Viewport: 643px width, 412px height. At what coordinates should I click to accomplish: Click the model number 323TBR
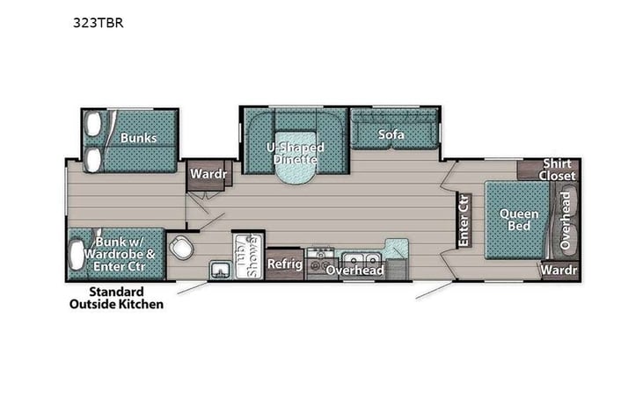click(98, 24)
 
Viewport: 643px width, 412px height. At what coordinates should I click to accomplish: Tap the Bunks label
click(139, 138)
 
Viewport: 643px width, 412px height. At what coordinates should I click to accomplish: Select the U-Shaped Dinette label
click(295, 153)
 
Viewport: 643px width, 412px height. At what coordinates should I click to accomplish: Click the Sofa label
click(391, 134)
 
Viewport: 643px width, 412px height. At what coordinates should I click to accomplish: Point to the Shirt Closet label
click(559, 170)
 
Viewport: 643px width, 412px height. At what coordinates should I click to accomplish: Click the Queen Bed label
click(512, 219)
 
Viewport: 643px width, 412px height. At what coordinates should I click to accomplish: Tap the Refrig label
click(285, 264)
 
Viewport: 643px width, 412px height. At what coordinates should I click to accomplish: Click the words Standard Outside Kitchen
click(117, 298)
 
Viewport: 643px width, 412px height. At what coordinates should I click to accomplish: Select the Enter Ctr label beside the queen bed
click(463, 220)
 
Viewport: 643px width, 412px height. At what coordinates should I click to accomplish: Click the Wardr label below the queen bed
click(559, 270)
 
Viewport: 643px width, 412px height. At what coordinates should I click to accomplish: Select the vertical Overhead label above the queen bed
click(567, 219)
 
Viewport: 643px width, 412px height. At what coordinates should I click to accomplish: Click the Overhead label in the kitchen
click(354, 271)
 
